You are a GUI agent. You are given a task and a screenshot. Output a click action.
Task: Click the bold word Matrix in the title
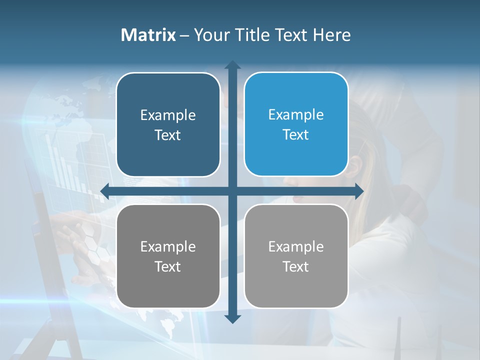[x=148, y=35]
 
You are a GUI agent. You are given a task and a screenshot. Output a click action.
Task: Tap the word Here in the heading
[x=332, y=35]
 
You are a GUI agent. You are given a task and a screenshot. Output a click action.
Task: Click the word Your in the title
[x=209, y=35]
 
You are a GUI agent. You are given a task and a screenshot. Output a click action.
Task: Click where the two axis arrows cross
[x=232, y=191]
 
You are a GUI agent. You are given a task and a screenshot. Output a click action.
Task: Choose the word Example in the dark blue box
[x=168, y=115]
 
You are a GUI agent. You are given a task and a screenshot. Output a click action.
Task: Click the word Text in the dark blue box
[x=168, y=135]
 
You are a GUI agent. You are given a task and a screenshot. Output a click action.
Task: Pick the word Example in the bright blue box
[x=296, y=115]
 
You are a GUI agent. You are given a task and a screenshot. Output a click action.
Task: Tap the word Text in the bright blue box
[x=296, y=135]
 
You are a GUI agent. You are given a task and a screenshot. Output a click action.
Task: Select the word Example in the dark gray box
[x=168, y=247]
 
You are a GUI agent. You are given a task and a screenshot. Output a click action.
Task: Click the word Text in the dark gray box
[x=168, y=267]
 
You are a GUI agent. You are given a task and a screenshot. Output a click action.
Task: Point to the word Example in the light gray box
[x=296, y=247]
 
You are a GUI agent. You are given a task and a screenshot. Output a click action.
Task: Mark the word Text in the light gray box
[x=296, y=267]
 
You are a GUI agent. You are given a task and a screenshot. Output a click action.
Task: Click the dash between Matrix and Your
[x=185, y=35]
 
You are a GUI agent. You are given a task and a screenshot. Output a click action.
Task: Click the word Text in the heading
[x=290, y=35]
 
